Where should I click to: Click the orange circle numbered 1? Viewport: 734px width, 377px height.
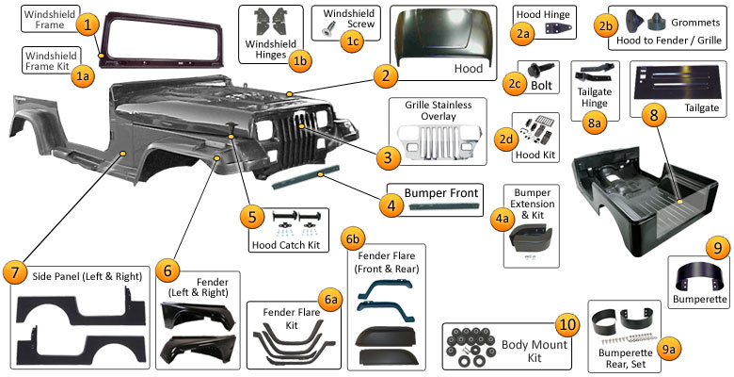[88, 26]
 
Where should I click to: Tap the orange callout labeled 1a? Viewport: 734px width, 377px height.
[84, 77]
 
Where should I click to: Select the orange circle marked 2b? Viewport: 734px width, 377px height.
[606, 26]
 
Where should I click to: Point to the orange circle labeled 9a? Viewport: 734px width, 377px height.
[669, 349]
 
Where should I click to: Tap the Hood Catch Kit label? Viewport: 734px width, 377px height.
[286, 246]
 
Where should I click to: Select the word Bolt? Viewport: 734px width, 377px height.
[541, 85]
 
